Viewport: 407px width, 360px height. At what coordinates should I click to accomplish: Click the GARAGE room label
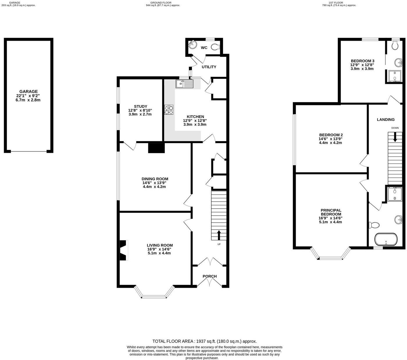28,91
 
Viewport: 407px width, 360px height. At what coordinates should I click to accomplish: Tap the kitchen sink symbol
184,84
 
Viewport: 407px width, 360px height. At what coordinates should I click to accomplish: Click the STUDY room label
140,106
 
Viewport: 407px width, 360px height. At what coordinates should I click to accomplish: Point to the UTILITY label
209,67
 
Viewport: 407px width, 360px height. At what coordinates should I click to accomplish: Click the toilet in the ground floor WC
215,47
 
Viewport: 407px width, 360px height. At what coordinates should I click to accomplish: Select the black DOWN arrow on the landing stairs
395,137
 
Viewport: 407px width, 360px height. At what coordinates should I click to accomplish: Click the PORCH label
210,276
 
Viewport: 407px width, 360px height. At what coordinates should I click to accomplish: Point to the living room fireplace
123,250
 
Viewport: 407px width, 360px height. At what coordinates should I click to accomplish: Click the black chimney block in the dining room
156,148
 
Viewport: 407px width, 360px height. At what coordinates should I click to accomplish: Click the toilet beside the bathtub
374,225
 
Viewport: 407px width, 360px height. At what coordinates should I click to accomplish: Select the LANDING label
385,119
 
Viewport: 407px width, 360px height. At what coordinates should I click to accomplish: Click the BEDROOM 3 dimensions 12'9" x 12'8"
362,65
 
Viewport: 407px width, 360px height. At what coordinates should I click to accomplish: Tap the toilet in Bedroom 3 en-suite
394,45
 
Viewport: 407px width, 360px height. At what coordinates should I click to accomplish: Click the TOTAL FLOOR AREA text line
204,341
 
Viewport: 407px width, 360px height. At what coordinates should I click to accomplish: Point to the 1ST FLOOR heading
339,3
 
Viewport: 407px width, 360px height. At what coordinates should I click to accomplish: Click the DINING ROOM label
155,179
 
